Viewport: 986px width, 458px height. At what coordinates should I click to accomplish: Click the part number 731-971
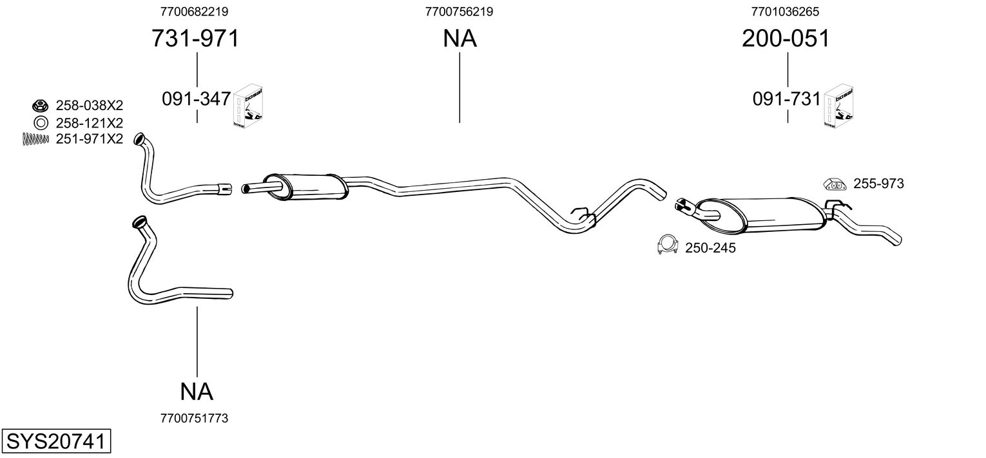click(x=195, y=39)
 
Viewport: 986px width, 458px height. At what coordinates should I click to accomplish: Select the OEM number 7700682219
click(x=194, y=12)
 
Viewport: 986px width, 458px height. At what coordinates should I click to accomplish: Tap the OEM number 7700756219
click(x=459, y=12)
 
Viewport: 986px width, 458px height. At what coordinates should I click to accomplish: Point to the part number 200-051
click(x=786, y=39)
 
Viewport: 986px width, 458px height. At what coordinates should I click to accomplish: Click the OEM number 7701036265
click(x=786, y=12)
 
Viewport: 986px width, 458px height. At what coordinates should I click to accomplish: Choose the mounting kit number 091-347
click(x=196, y=99)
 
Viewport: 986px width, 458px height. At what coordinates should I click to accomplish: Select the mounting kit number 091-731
click(x=787, y=99)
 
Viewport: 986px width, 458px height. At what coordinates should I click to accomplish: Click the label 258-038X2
click(x=89, y=106)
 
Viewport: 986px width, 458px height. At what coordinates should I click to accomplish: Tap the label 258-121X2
click(x=89, y=122)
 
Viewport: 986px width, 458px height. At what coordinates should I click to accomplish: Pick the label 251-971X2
click(x=89, y=138)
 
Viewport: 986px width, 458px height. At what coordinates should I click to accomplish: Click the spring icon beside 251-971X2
click(x=35, y=138)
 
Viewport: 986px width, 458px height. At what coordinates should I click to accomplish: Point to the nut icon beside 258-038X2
click(x=39, y=105)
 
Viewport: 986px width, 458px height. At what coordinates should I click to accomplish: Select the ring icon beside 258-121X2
click(x=39, y=122)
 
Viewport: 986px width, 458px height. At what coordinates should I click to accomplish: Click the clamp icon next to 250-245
click(x=666, y=245)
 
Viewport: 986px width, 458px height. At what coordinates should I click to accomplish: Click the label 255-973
click(x=878, y=184)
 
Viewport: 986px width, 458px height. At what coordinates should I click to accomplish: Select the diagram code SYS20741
click(x=55, y=443)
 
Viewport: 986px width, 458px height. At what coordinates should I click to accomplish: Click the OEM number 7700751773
click(x=194, y=419)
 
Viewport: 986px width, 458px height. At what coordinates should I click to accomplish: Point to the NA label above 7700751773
click(x=197, y=391)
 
